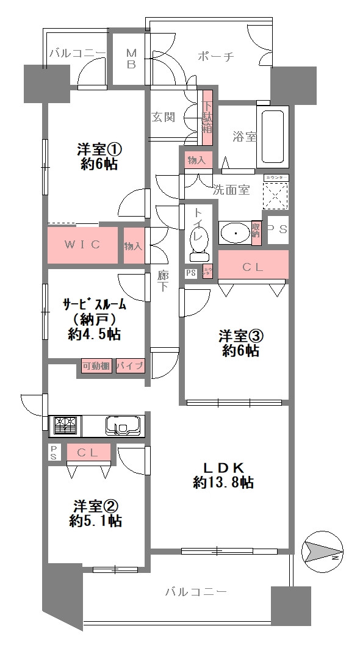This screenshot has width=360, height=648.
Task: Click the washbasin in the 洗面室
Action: pyautogui.click(x=234, y=232)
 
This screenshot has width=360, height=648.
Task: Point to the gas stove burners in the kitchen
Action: pyautogui.click(x=65, y=425)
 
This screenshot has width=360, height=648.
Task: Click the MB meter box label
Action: pyautogui.click(x=131, y=59)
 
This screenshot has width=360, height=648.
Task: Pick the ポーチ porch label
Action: pyautogui.click(x=216, y=57)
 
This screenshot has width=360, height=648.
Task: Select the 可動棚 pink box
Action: pyautogui.click(x=96, y=366)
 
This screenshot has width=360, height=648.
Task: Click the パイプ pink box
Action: pyautogui.click(x=130, y=366)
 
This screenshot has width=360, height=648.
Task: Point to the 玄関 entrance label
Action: pyautogui.click(x=162, y=117)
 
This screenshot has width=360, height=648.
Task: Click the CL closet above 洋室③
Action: pyautogui.click(x=253, y=266)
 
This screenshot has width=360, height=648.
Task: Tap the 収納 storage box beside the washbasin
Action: pyautogui.click(x=256, y=232)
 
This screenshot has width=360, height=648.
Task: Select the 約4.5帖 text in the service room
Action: pyautogui.click(x=94, y=334)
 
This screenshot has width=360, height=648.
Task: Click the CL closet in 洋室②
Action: pyautogui.click(x=89, y=452)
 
